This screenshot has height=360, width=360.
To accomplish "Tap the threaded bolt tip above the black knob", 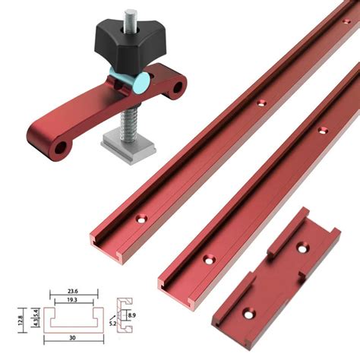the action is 131,18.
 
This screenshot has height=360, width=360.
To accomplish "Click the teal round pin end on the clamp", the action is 142,82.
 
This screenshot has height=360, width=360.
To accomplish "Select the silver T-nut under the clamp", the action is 128,149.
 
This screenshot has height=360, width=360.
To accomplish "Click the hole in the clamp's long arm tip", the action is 61,148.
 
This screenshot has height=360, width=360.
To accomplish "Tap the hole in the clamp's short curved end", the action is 178,87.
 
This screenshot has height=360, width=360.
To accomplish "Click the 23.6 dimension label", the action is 73,291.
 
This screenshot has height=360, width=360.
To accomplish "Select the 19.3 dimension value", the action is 72,300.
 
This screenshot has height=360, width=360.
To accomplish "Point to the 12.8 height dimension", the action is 21,321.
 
